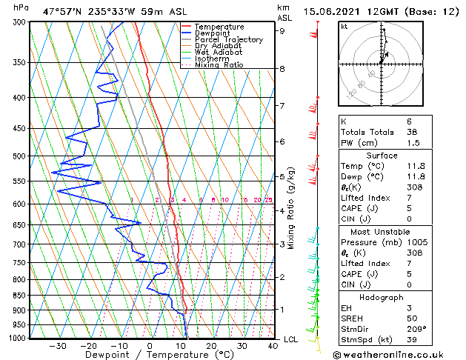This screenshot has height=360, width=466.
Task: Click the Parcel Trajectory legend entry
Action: point(228,39)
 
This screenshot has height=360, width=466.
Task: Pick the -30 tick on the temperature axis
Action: point(57,345)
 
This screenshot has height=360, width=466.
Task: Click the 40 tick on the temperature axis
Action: point(273,345)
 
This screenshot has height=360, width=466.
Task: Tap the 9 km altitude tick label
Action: point(282,31)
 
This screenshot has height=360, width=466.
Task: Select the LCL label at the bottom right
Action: point(291,339)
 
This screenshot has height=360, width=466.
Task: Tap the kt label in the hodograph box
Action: point(344,26)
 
